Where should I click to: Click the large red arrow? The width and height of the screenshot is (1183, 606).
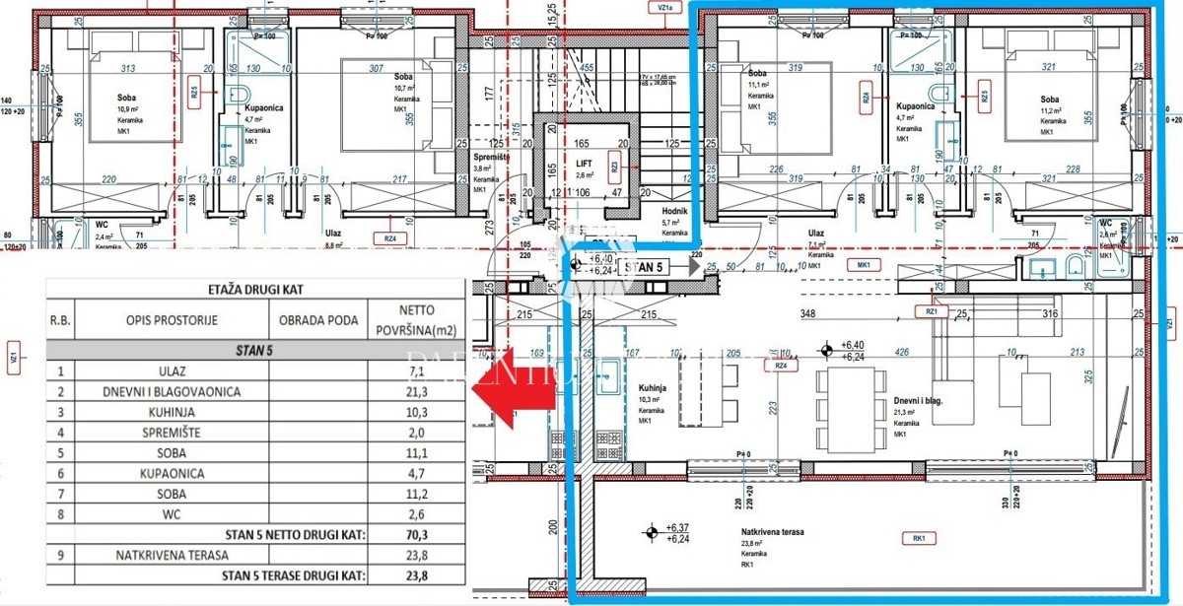coord(513,392)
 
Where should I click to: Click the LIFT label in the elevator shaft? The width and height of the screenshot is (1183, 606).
coord(585,164)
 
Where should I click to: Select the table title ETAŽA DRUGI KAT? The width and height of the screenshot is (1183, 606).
coord(254,289)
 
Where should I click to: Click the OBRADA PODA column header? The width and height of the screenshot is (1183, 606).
coord(316,320)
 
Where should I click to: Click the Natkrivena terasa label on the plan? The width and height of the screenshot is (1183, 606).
coord(772,532)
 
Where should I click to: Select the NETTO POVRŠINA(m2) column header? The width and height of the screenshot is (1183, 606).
coord(416,320)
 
